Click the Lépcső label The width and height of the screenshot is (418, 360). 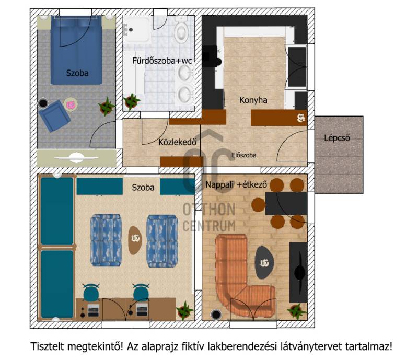pyautogui.click(x=336, y=138)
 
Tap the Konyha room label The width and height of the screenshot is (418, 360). pyautogui.click(x=253, y=100)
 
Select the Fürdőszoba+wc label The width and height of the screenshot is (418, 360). pyautogui.click(x=162, y=61)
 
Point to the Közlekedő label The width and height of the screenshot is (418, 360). pyautogui.click(x=178, y=142)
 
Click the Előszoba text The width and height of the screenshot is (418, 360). pyautogui.click(x=244, y=155)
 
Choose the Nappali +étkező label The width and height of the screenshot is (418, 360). pyautogui.click(x=236, y=184)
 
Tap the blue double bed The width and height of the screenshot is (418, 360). pyautogui.click(x=76, y=50)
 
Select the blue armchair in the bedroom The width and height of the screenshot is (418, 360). pyautogui.click(x=54, y=116)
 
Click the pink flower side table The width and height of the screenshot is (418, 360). pyautogui.click(x=71, y=105)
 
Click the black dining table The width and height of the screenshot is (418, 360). pyautogui.click(x=286, y=203)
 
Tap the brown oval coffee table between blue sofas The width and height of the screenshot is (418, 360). pyautogui.click(x=135, y=240)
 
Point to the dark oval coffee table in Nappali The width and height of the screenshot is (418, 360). pyautogui.click(x=264, y=262)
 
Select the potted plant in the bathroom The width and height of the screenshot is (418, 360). pyautogui.click(x=131, y=101)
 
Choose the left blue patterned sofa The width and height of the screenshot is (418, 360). pyautogui.click(x=106, y=240)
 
